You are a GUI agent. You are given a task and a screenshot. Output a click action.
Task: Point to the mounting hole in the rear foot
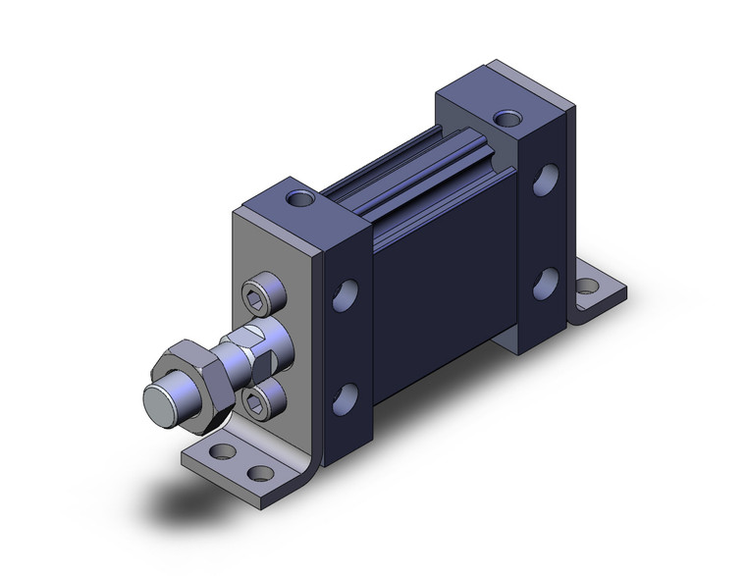coord(588,288)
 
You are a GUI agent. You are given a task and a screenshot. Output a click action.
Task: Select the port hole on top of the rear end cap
coord(506,120)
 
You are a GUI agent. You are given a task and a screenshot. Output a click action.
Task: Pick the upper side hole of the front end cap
coord(346,294)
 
